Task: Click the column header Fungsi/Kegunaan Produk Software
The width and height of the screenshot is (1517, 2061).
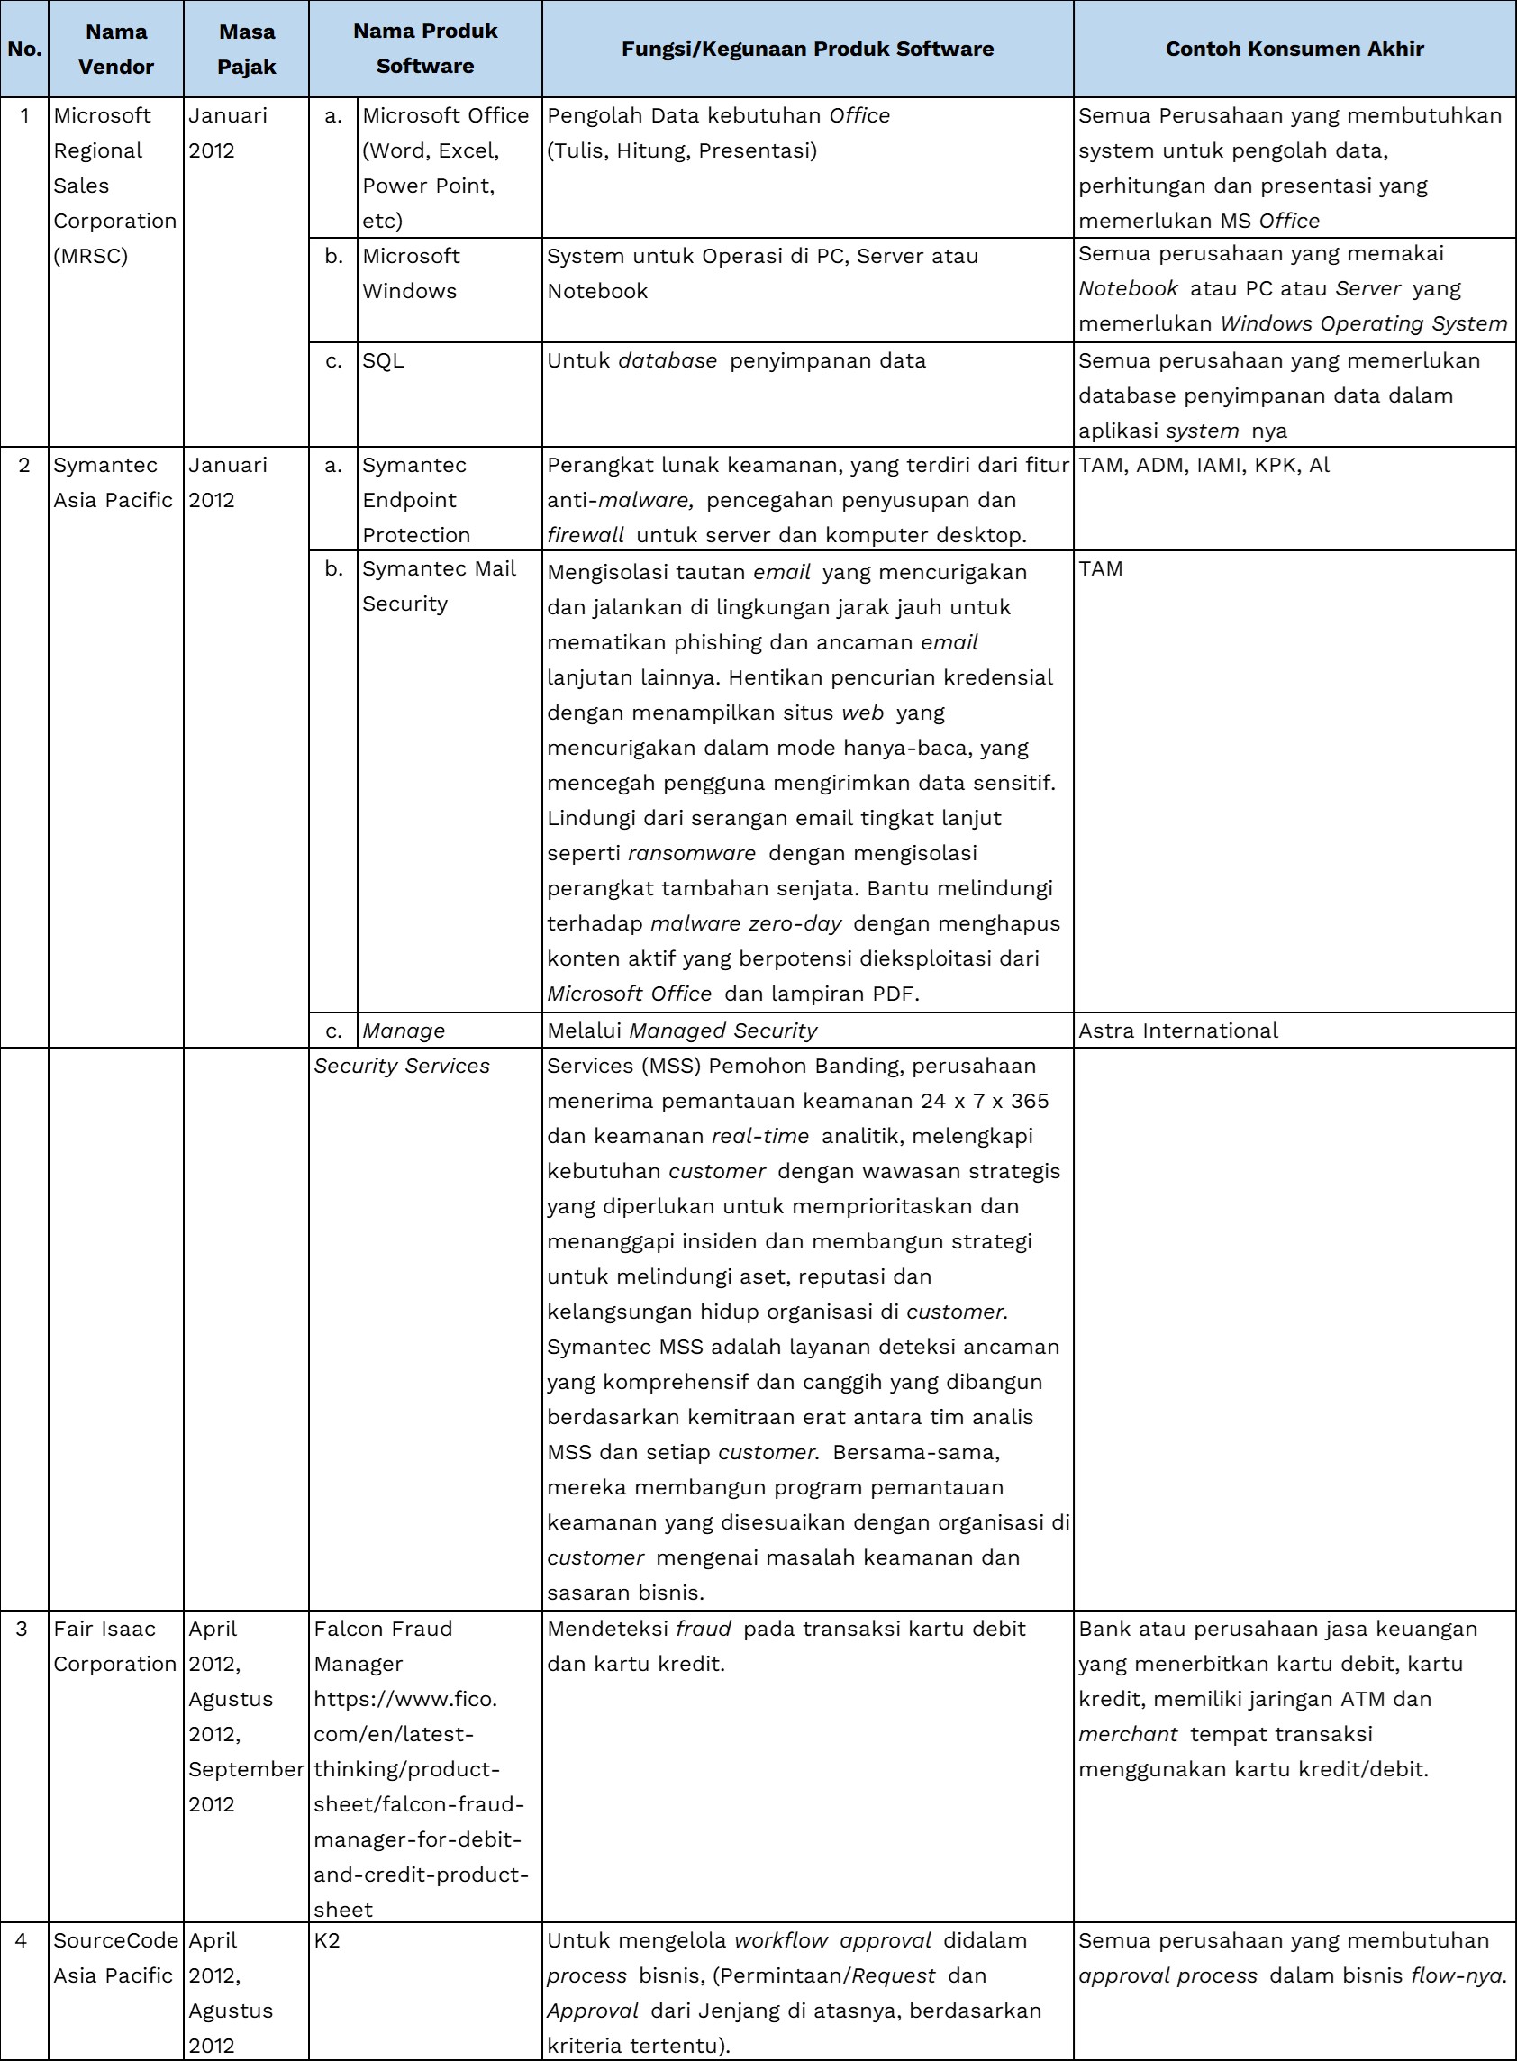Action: [807, 49]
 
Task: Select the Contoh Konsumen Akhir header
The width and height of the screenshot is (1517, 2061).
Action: [1294, 49]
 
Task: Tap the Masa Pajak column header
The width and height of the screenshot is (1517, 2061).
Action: [246, 49]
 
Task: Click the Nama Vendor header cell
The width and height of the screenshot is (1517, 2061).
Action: [115, 49]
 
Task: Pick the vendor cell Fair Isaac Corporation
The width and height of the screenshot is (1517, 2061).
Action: [114, 1646]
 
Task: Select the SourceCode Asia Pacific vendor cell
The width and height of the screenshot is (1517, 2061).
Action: [114, 1957]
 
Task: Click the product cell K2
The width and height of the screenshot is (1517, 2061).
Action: [327, 1939]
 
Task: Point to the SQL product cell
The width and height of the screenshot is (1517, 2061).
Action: [383, 361]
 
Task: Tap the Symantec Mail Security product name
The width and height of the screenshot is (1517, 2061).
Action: [438, 586]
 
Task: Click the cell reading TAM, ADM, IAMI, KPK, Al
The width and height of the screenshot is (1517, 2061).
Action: [1204, 465]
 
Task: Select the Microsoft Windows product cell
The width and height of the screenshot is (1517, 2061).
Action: [411, 274]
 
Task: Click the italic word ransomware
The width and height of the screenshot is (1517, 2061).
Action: [692, 853]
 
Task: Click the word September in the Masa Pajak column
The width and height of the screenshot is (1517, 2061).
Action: [245, 1769]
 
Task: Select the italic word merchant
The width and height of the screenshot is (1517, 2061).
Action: [1128, 1734]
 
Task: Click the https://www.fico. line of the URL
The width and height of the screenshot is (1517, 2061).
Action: [405, 1699]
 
